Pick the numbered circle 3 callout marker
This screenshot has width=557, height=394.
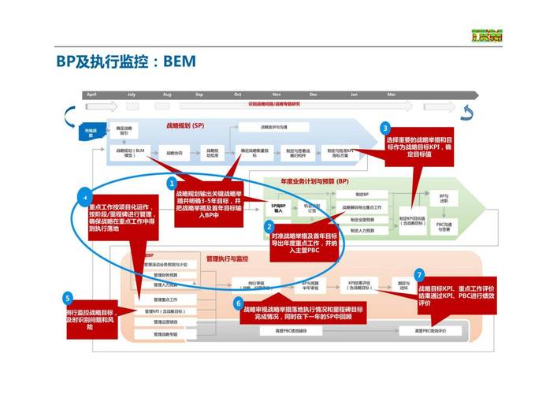tap(385, 128)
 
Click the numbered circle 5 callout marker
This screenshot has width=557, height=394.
tap(69, 298)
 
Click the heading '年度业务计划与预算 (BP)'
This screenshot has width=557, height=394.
tap(314, 181)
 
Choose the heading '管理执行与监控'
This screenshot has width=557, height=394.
tap(227, 258)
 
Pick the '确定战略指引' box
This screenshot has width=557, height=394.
tap(124, 130)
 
